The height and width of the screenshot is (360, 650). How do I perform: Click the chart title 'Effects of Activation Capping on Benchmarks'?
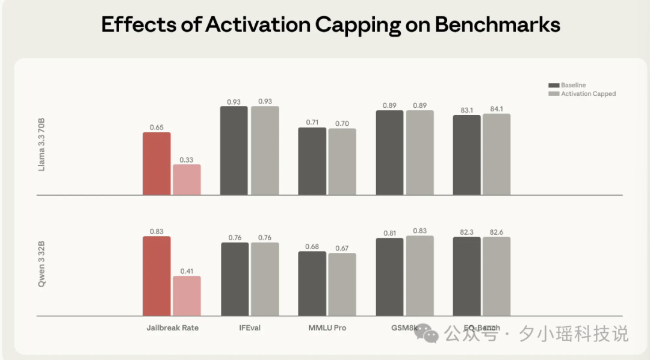[x=330, y=25]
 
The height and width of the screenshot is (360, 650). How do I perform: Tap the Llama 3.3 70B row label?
[x=42, y=145]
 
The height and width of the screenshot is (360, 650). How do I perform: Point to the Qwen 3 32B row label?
[x=42, y=265]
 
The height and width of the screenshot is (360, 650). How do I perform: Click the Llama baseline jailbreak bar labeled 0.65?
[x=156, y=164]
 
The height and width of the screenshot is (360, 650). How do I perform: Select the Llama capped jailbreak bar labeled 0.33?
[x=187, y=180]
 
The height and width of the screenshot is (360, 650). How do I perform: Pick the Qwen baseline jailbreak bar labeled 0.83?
[x=156, y=276]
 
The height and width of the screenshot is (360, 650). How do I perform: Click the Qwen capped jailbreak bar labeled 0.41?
[x=187, y=296]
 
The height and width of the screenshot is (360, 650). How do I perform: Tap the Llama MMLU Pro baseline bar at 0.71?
[x=312, y=161]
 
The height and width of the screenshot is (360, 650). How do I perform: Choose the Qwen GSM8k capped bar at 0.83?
[x=419, y=276]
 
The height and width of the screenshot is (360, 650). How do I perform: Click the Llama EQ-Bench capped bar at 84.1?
[x=497, y=155]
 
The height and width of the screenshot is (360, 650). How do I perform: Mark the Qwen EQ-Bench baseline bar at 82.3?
[x=467, y=276]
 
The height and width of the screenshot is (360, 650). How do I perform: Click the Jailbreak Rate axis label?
[x=172, y=328]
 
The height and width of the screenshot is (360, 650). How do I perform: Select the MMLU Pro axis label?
[x=327, y=328]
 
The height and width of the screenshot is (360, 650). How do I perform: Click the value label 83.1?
[x=466, y=110]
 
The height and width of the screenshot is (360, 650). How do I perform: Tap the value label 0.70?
[x=342, y=123]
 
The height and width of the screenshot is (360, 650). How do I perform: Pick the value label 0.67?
[x=342, y=248]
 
